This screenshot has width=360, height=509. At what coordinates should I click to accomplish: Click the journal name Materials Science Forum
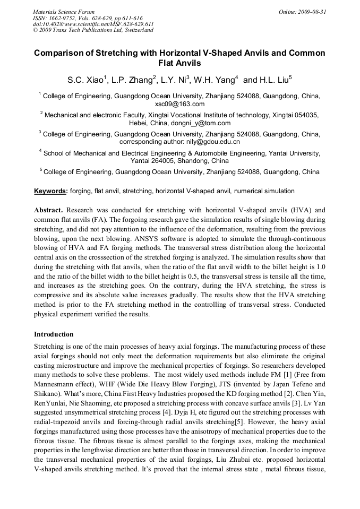[64, 11]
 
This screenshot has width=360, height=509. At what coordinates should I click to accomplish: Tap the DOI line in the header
[93, 24]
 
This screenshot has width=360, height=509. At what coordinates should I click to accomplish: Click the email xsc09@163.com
[179, 104]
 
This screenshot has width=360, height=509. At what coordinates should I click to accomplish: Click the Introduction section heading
[54, 334]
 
